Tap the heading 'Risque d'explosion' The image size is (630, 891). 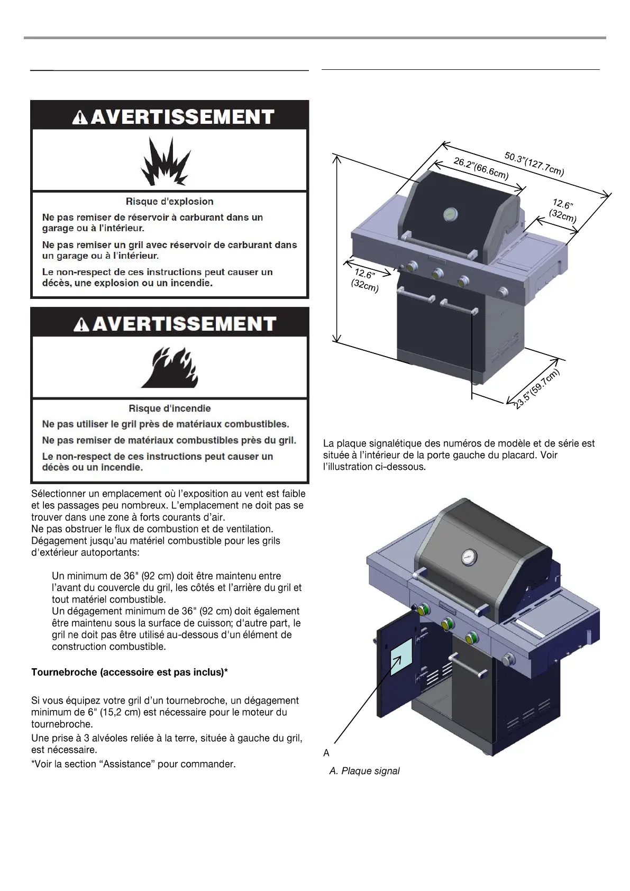click(x=169, y=202)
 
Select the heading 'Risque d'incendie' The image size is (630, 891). click(x=169, y=408)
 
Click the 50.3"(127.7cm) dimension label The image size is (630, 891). click(x=534, y=163)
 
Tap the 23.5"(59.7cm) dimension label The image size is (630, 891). click(x=536, y=389)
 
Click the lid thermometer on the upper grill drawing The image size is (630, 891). click(x=451, y=214)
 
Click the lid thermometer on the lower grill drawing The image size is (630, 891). click(x=469, y=555)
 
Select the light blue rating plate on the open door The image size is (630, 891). click(x=401, y=656)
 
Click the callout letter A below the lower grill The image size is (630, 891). click(x=326, y=753)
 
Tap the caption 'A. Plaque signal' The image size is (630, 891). click(x=364, y=771)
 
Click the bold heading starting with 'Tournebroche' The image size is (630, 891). click(x=130, y=672)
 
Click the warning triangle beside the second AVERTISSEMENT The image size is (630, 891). click(x=81, y=324)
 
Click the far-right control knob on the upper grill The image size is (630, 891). click(x=503, y=291)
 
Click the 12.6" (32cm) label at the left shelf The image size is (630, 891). click(x=365, y=280)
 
